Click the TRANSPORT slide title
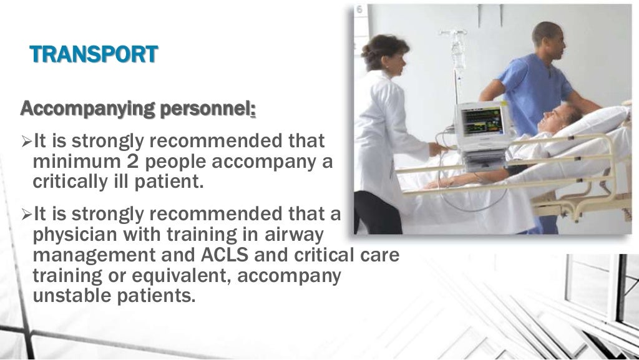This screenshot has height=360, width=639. (94, 54)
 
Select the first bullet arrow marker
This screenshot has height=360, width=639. (26, 143)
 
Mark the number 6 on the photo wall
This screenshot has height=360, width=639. (359, 10)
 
